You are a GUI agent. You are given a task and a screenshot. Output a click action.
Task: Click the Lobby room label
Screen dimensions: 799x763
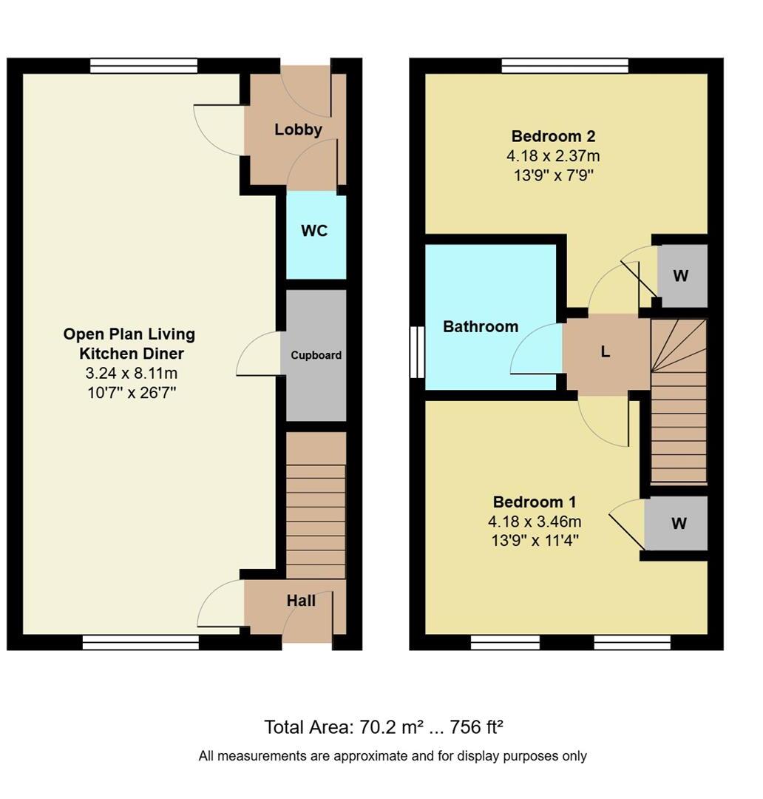click(298, 129)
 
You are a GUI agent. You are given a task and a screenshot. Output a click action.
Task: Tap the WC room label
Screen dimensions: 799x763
click(314, 231)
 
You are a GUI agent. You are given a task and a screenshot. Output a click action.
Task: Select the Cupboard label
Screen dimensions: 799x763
click(316, 355)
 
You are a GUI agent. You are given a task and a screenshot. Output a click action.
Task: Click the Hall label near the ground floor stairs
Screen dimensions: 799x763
click(301, 601)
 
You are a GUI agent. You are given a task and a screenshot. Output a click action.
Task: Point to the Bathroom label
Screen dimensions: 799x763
click(481, 326)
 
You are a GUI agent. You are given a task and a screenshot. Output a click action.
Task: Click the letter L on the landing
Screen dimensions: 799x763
click(605, 352)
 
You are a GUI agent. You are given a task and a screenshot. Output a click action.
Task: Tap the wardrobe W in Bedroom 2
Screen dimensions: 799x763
click(681, 276)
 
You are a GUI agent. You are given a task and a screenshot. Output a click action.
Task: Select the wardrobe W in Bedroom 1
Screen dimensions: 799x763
click(679, 524)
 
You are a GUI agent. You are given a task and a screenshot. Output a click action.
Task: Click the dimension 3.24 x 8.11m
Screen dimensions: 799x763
click(131, 373)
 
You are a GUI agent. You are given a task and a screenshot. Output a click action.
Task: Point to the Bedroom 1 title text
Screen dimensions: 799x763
click(535, 502)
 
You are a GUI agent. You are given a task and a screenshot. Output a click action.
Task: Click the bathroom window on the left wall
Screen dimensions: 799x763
click(418, 352)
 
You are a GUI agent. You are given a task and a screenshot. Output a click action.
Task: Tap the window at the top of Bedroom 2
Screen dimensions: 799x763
click(564, 66)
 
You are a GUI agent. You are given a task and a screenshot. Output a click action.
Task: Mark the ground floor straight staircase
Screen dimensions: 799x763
click(316, 507)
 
